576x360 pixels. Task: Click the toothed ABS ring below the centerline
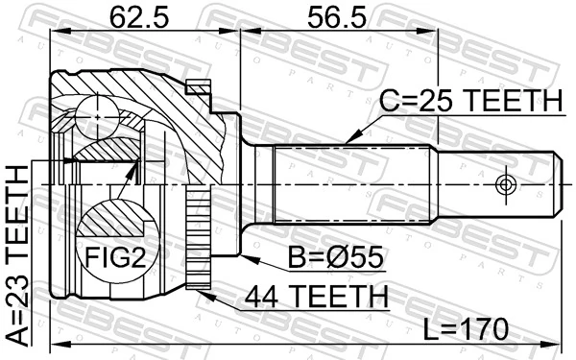[x=201, y=240]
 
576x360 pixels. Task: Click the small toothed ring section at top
[x=200, y=88]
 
